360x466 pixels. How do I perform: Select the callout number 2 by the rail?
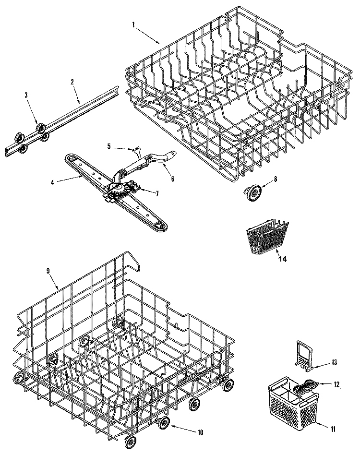(72, 82)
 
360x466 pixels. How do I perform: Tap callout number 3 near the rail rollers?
(26, 96)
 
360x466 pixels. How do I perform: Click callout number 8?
(275, 179)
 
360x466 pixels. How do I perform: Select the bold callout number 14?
(282, 259)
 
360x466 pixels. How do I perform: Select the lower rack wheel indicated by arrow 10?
(164, 423)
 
